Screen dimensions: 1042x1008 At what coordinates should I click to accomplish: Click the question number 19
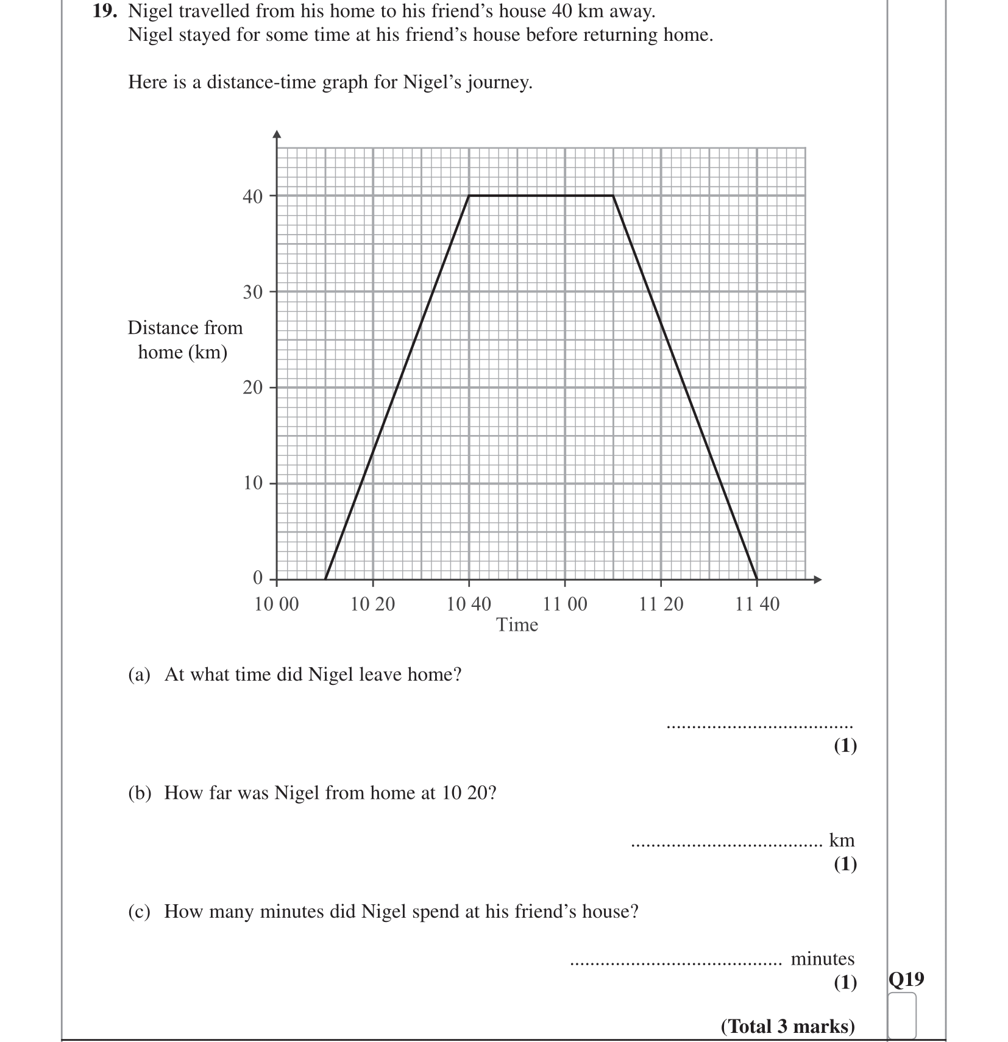pyautogui.click(x=104, y=12)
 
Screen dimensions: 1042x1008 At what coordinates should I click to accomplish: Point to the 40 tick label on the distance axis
pyautogui.click(x=253, y=196)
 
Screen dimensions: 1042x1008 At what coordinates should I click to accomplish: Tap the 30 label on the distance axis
pyautogui.click(x=253, y=292)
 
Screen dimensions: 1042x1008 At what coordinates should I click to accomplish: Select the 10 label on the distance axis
pyautogui.click(x=253, y=483)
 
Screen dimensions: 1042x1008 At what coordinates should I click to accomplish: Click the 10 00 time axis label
pyautogui.click(x=277, y=604)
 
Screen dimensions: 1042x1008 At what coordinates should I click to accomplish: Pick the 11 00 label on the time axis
pyautogui.click(x=565, y=604)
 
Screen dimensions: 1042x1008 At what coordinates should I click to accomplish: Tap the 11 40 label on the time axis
pyautogui.click(x=757, y=604)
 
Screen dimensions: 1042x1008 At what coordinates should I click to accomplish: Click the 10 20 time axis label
pyautogui.click(x=372, y=604)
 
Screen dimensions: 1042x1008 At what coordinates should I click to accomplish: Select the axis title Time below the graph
pyautogui.click(x=517, y=625)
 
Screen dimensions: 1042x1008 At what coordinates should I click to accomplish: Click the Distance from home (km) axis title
pyautogui.click(x=185, y=340)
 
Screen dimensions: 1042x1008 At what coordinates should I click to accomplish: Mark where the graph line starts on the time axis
pyautogui.click(x=325, y=579)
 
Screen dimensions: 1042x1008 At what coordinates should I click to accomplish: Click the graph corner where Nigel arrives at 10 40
pyautogui.click(x=469, y=196)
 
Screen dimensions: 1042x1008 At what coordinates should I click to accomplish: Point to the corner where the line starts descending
pyautogui.click(x=613, y=196)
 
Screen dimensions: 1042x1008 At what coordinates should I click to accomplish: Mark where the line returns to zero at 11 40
pyautogui.click(x=757, y=579)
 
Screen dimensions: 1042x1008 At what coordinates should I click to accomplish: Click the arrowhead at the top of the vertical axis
pyautogui.click(x=277, y=135)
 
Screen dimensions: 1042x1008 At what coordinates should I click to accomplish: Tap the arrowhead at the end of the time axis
pyautogui.click(x=818, y=579)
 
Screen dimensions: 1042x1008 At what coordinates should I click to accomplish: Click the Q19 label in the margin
pyautogui.click(x=906, y=979)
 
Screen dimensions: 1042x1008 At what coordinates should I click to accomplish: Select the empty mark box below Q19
pyautogui.click(x=902, y=1016)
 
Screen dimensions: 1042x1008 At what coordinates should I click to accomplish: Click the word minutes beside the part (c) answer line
pyautogui.click(x=822, y=959)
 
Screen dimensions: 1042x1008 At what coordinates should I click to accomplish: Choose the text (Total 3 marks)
pyautogui.click(x=787, y=1027)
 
